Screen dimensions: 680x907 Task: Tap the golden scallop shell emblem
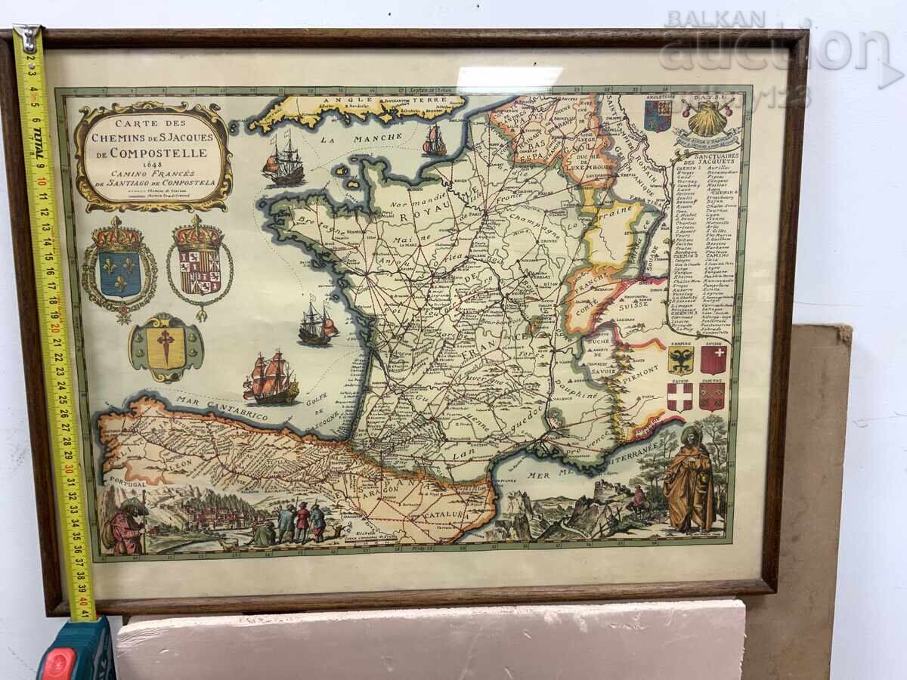707,118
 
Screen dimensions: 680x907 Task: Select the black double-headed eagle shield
680,360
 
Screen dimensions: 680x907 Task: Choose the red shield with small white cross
713,360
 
